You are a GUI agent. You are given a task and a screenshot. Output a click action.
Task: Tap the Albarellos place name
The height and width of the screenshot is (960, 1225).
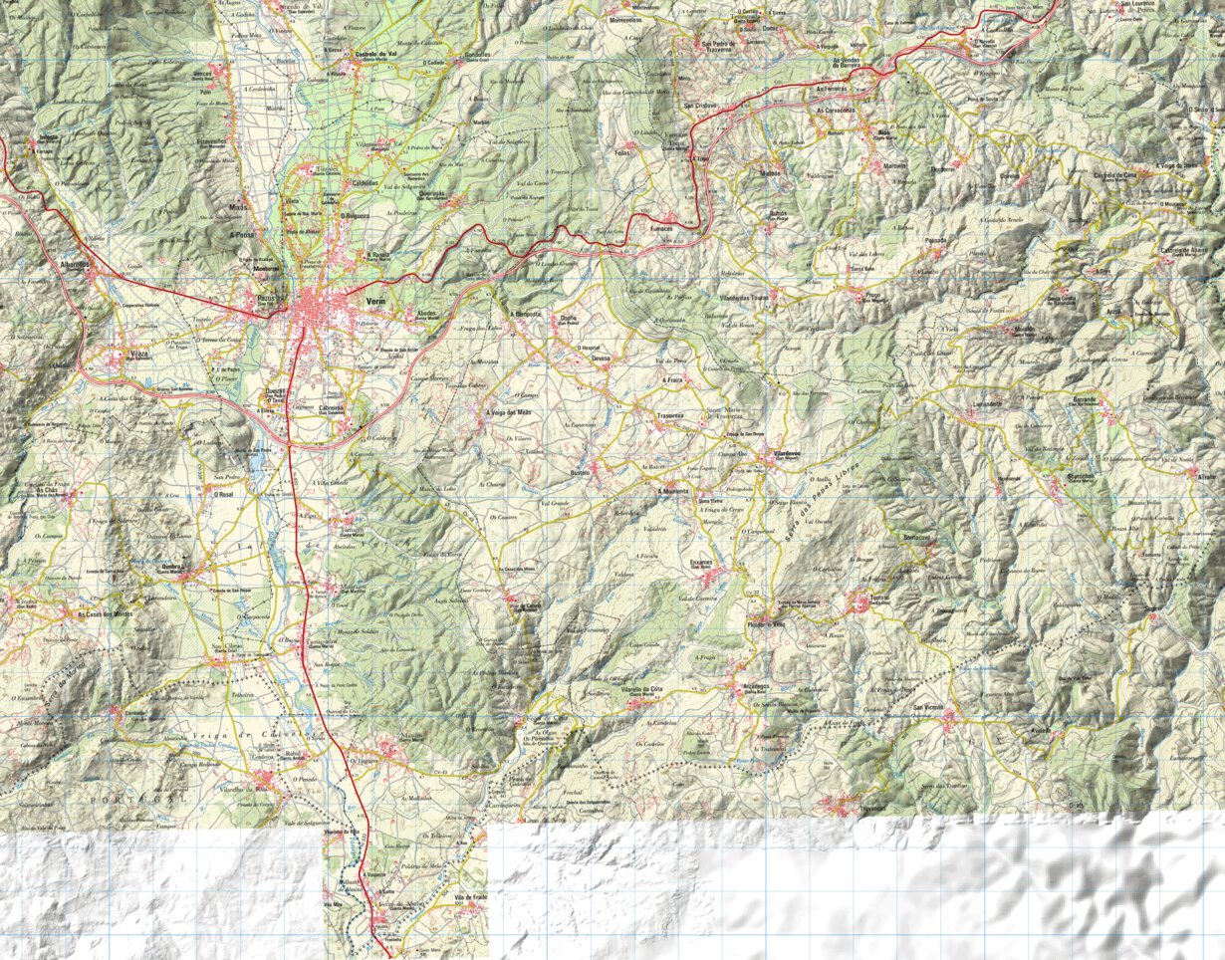[x=75, y=264]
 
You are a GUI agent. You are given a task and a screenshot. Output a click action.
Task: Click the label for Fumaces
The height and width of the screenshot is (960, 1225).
[x=663, y=228]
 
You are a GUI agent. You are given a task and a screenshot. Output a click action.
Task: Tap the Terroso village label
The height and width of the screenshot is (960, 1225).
[x=878, y=598]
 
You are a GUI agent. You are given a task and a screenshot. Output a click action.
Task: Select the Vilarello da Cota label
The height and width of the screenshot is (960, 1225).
[x=642, y=689]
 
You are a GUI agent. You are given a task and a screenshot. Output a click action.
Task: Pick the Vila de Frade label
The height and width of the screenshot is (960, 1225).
[x=469, y=897]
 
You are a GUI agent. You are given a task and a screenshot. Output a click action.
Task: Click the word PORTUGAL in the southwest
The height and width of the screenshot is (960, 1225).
[x=136, y=799]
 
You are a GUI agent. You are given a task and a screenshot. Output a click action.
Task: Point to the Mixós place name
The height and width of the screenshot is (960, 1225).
[x=237, y=207]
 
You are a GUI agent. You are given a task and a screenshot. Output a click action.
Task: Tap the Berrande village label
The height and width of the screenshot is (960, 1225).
[x=1084, y=398]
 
